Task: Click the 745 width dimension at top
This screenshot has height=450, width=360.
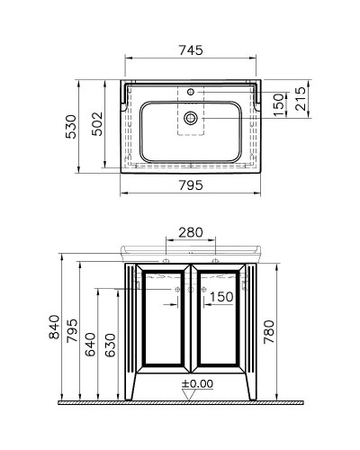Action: click(189, 52)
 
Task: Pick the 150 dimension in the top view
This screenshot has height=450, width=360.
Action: click(279, 105)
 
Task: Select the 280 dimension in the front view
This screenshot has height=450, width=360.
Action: click(190, 232)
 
